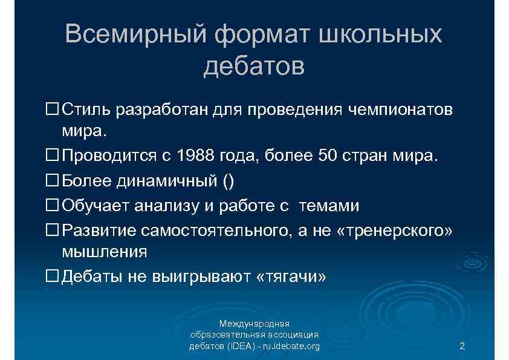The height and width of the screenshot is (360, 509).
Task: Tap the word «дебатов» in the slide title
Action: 254,66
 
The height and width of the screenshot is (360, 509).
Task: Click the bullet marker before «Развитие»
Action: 53,230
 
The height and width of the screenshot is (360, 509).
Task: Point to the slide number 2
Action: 462,346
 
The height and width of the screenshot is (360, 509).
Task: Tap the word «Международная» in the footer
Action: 254,323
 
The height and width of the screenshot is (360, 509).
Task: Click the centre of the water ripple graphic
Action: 473,264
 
